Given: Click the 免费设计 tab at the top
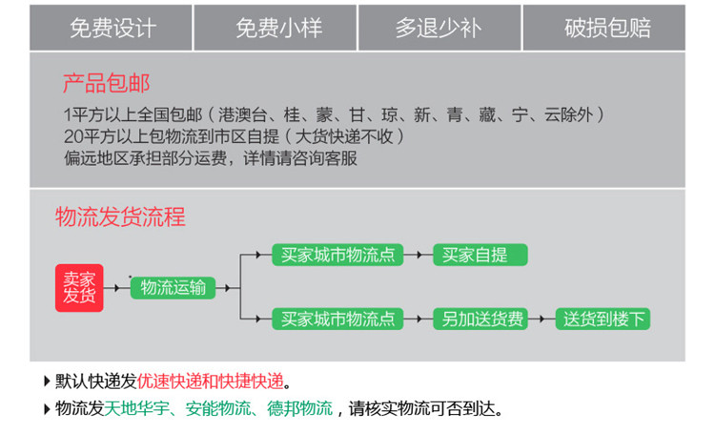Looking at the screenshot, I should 112,28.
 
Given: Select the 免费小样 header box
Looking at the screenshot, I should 277,28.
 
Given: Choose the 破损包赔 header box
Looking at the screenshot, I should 606,28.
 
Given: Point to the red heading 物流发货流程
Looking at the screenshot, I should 120,216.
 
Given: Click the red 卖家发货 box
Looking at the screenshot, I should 79,287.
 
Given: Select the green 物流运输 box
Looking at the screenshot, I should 173,287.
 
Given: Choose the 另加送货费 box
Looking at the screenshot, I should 481,319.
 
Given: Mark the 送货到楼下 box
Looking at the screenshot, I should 604,319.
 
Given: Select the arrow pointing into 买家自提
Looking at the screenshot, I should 419,255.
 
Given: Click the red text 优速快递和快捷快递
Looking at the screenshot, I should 211,381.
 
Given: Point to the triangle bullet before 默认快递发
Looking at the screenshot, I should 48,381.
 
